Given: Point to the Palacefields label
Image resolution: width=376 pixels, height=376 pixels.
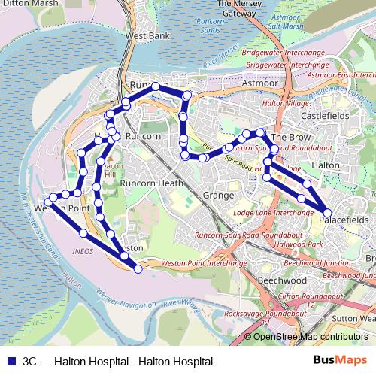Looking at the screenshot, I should click(345, 220).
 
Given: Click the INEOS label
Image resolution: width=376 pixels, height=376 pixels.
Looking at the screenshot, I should click(83, 250).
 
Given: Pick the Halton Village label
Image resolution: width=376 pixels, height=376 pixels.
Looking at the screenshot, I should click(286, 103).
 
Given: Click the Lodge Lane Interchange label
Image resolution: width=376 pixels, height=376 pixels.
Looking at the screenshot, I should click(273, 213).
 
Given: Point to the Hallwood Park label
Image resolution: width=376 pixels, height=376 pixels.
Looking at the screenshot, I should click(299, 245).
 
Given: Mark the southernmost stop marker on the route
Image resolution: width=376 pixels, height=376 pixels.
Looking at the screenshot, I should click(138, 268).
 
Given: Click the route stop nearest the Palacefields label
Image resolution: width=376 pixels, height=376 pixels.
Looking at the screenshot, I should click(327, 212).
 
